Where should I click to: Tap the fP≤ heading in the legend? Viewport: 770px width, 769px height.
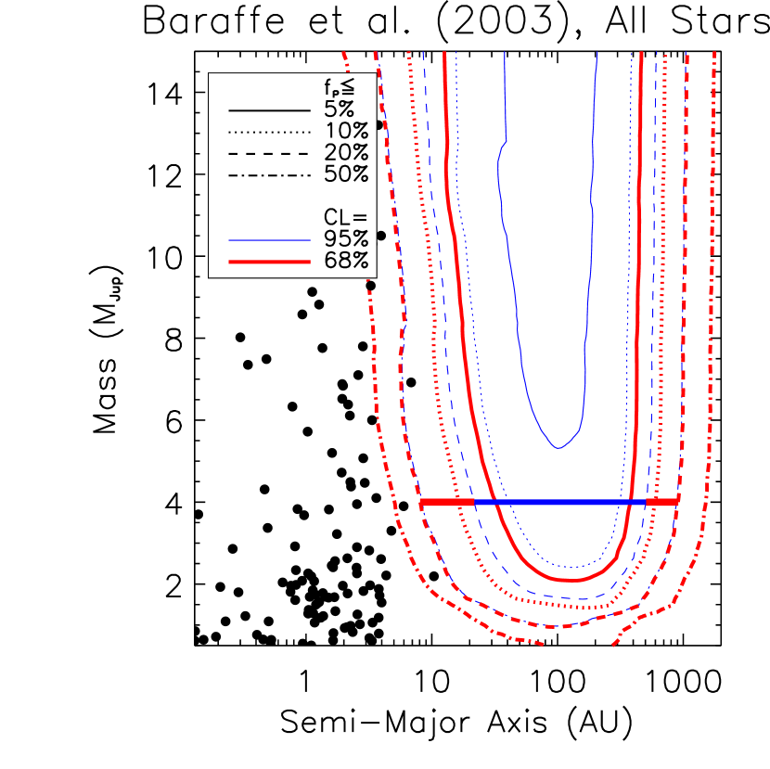(340, 87)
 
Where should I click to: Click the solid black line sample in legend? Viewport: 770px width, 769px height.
(269, 109)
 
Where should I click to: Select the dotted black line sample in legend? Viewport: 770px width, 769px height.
(269, 131)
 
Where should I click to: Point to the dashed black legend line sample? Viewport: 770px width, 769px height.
(269, 152)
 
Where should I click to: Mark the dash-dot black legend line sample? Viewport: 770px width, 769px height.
(269, 173)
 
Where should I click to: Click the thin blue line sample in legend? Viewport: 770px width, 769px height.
(269, 239)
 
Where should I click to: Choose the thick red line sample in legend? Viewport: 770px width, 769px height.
(269, 262)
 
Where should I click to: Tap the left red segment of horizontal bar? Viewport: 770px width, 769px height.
(447, 501)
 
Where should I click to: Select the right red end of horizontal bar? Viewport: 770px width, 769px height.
(662, 501)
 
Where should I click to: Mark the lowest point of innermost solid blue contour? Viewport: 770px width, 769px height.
(558, 447)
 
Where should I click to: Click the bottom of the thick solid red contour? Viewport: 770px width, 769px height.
(571, 581)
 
